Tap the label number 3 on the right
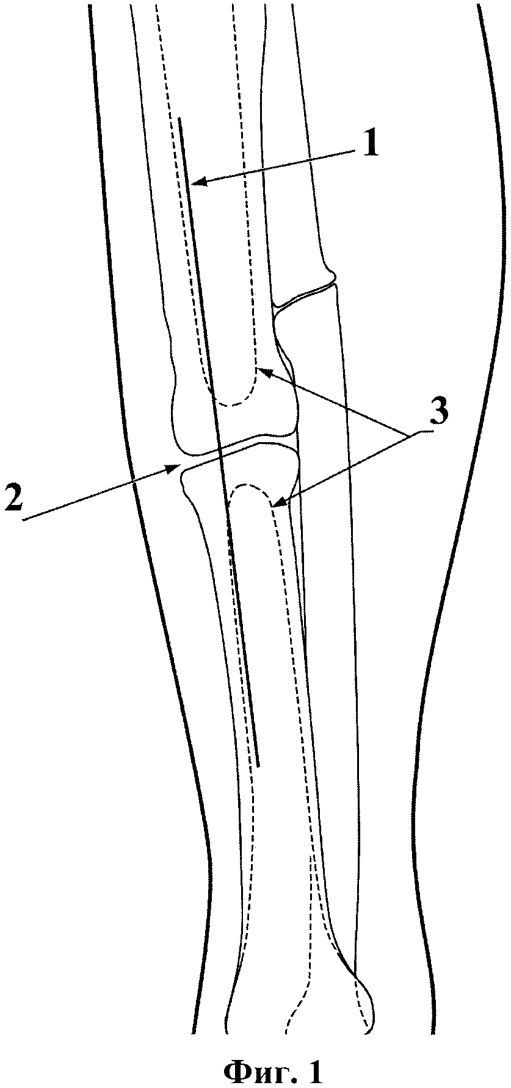[x=437, y=413]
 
